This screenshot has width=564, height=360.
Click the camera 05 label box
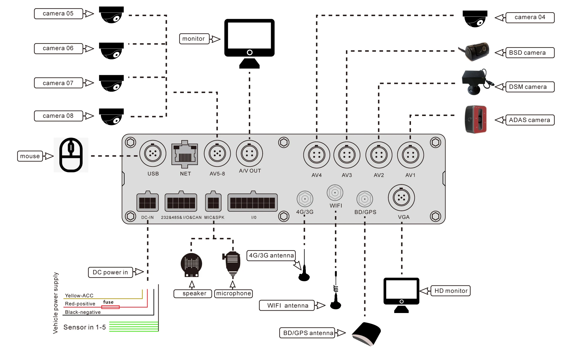(x=58, y=14)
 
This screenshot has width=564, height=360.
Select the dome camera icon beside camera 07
(x=111, y=83)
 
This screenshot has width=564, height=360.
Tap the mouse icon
(x=71, y=155)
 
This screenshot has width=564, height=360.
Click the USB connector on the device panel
(x=153, y=153)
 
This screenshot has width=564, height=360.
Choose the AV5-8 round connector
(x=217, y=153)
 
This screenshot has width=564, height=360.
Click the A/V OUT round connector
(x=249, y=153)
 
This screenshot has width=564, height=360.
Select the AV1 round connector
(x=410, y=155)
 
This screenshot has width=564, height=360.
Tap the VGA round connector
(x=401, y=198)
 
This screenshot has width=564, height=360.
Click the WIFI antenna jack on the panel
(x=335, y=193)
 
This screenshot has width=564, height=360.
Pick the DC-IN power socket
(x=147, y=202)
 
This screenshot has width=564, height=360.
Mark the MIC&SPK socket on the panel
(x=213, y=202)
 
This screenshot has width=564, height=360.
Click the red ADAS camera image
(x=476, y=119)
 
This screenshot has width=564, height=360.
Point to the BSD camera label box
(x=530, y=53)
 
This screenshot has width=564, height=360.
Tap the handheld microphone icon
(x=232, y=264)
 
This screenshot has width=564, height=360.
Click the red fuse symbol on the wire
(x=110, y=307)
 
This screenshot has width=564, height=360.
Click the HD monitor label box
(x=451, y=291)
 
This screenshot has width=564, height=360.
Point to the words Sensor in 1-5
(x=85, y=327)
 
